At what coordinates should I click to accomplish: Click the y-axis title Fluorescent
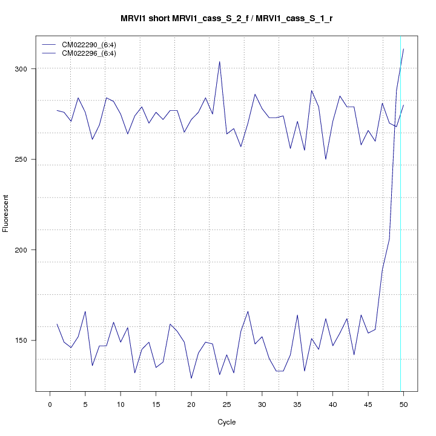[7, 213]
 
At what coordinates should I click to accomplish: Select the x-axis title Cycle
[226, 422]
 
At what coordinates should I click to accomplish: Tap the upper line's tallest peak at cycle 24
[219, 62]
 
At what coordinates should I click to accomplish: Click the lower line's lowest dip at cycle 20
[191, 378]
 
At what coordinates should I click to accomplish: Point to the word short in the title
[161, 19]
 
